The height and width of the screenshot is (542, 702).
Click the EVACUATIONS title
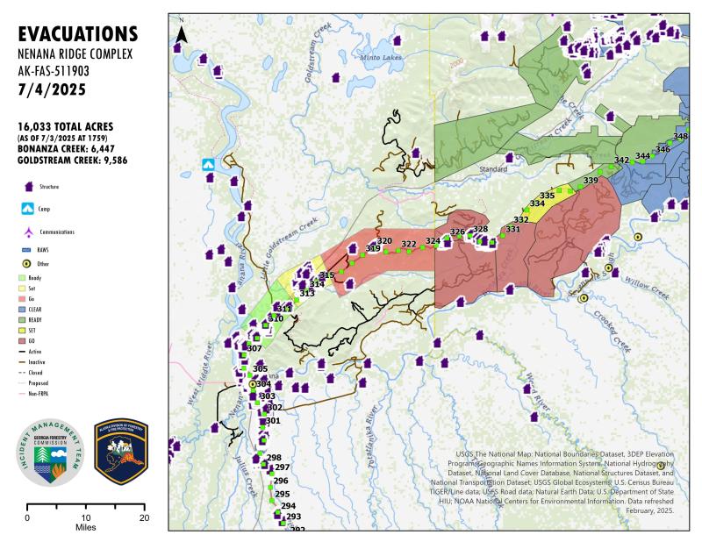click(77, 34)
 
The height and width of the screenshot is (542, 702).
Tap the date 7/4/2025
click(50, 89)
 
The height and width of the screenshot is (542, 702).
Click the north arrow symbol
click(182, 33)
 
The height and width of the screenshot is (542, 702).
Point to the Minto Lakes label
click(379, 57)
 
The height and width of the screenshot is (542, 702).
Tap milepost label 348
click(681, 137)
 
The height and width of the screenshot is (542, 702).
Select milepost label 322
click(409, 244)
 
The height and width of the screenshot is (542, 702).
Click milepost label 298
click(274, 458)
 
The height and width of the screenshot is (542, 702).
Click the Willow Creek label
click(648, 288)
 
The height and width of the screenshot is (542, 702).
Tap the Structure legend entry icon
click(28, 187)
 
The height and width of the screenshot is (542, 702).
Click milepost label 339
click(591, 181)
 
